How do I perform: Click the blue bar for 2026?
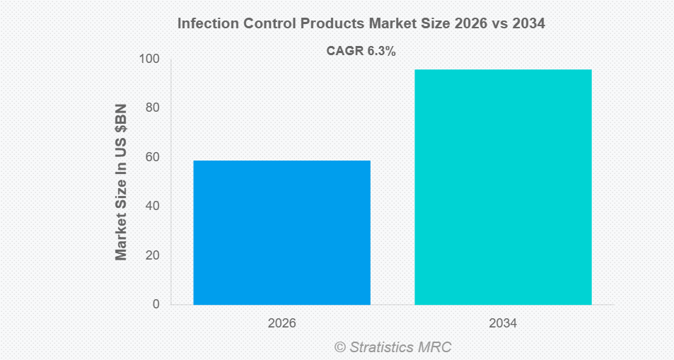281,233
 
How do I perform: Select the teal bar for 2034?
503,187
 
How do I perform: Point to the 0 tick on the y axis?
156,304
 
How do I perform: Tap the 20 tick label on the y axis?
153,255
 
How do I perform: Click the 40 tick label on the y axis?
153,206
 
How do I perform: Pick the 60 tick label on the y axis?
153,157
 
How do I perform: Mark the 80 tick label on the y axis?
153,108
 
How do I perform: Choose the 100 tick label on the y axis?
149,59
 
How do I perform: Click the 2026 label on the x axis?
281,323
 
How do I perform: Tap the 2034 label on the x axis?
503,323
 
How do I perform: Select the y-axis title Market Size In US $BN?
121,182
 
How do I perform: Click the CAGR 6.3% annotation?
361,51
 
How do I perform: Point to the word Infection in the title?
205,23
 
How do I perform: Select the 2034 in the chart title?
528,23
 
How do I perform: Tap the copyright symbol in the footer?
340,347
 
